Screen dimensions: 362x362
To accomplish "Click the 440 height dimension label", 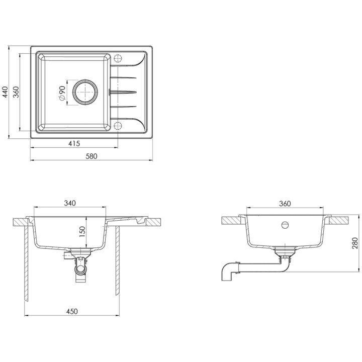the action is point(5,92).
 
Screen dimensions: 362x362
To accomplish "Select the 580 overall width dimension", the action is point(92,156).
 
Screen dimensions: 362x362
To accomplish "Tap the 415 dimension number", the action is point(74,144).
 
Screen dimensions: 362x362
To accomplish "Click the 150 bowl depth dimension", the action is point(82,232).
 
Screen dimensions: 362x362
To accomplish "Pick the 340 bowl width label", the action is point(70,203).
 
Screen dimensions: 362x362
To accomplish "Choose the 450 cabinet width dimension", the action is point(72,311).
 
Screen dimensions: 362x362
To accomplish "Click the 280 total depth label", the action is point(355,243).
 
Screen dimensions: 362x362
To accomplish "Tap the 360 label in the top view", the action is point(16,92).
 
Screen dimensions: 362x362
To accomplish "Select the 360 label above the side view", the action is point(285,204).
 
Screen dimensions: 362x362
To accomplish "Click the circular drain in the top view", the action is point(85,92).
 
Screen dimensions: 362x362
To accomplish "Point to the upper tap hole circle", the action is point(118,58).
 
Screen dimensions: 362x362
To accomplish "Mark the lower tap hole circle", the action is point(118,126).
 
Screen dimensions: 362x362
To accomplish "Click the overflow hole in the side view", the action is point(285,225).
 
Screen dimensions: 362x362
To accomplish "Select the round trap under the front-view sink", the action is point(80,268).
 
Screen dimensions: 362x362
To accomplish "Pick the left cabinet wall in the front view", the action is point(26,263).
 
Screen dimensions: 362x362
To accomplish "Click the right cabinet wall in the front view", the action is point(118,260).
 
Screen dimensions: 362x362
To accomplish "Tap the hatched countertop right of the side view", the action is point(338,221).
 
